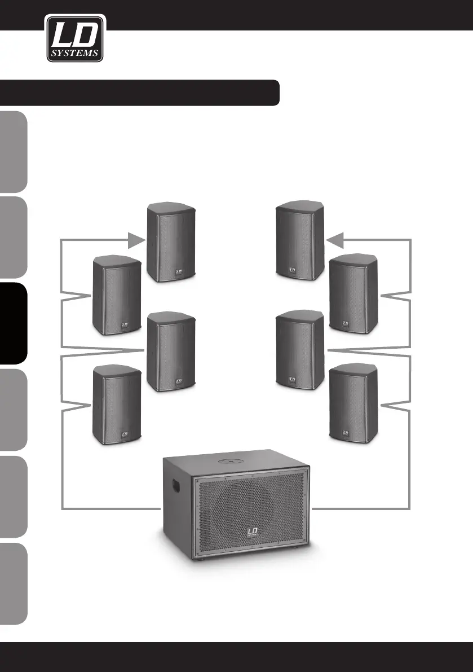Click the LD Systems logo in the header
[x=74, y=38]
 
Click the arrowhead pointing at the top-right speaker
[x=334, y=241]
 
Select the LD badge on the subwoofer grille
[x=253, y=533]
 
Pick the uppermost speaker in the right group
[x=299, y=241]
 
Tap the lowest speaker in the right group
[x=353, y=403]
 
